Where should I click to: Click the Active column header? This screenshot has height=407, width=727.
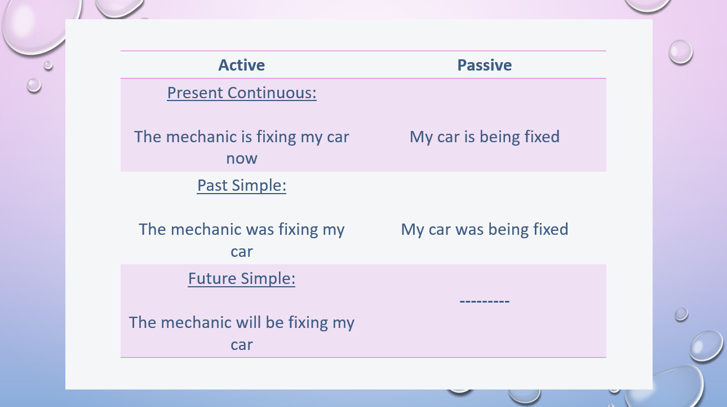[x=241, y=65]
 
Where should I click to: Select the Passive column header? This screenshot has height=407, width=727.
[x=485, y=65]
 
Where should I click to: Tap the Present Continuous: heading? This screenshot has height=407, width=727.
[x=242, y=93]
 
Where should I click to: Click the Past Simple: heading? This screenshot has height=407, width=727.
[x=242, y=186]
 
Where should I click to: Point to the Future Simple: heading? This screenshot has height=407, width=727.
[x=242, y=279]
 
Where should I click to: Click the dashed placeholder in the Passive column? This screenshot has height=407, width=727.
[x=485, y=301]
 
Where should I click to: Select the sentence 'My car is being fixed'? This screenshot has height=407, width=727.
[x=485, y=137]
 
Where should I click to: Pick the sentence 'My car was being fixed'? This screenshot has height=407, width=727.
[x=485, y=230]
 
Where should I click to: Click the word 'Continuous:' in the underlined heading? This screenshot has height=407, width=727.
[x=272, y=93]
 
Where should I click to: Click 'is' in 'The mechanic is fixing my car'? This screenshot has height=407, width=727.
[x=247, y=137]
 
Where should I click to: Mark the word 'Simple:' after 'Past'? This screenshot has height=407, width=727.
[x=259, y=186]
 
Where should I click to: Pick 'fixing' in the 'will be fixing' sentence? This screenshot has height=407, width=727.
[x=308, y=323]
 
